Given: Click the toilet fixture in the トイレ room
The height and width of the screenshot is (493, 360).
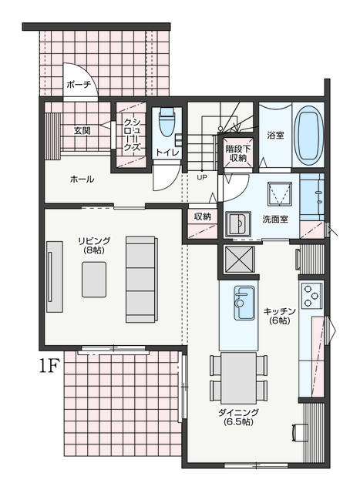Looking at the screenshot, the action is pyautogui.click(x=167, y=122).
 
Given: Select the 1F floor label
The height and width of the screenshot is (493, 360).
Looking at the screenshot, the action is pyautogui.click(x=49, y=366).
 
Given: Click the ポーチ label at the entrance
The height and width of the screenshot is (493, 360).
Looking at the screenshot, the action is pyautogui.click(x=79, y=84).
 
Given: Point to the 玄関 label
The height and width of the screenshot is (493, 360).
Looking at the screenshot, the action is pyautogui.click(x=82, y=130).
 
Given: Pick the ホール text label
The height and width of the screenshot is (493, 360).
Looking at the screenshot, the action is pyautogui.click(x=82, y=179).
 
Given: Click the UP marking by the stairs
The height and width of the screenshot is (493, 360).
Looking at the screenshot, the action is pyautogui.click(x=202, y=177).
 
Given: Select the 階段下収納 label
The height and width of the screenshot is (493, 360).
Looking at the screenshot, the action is pyautogui.click(x=237, y=153).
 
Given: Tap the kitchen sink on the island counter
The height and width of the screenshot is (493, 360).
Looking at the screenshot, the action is pyautogui.click(x=244, y=303).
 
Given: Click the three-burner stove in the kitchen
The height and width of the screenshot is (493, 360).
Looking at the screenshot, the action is pyautogui.click(x=311, y=296).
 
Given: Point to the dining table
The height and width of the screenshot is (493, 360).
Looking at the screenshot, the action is pyautogui.click(x=238, y=378).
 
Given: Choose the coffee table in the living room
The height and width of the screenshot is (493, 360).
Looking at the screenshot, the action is pyautogui.click(x=94, y=280).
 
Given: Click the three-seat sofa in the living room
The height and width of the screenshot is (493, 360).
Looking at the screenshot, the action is pyautogui.click(x=142, y=279).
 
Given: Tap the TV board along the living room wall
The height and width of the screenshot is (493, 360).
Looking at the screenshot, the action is pyautogui.click(x=55, y=277).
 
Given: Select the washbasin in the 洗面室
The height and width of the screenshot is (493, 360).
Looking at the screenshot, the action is pyautogui.click(x=238, y=223).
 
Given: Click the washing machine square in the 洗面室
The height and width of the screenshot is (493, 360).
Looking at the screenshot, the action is pyautogui.click(x=279, y=194).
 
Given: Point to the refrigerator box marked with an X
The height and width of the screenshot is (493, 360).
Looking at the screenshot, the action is pyautogui.click(x=239, y=260).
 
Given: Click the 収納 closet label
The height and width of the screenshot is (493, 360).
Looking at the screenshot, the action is pyautogui.click(x=202, y=216).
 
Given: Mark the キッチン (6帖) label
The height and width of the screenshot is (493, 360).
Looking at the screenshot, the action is pyautogui.click(x=279, y=316).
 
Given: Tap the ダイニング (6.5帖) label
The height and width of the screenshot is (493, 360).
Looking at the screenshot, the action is pyautogui.click(x=238, y=417).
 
